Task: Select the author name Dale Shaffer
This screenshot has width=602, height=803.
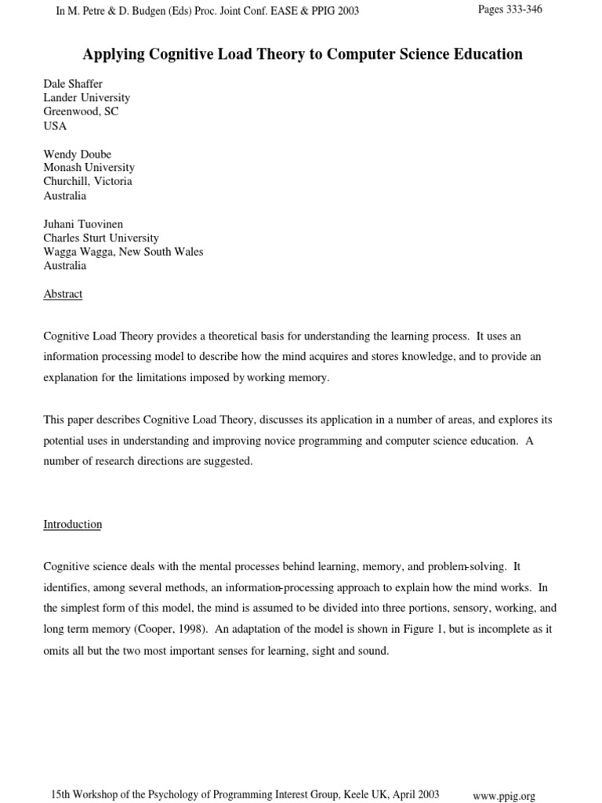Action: (x=73, y=84)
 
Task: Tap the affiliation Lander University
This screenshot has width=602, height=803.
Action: (x=87, y=98)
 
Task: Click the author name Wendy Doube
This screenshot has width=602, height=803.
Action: (x=78, y=154)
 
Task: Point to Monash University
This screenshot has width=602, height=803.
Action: (x=89, y=168)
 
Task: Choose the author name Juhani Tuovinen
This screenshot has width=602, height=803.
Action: (x=83, y=224)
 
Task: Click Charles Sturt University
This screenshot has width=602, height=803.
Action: (x=101, y=238)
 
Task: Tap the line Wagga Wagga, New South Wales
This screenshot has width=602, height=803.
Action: (x=123, y=252)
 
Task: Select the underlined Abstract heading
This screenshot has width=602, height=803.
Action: (x=63, y=294)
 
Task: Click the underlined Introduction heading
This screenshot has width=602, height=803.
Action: (x=72, y=524)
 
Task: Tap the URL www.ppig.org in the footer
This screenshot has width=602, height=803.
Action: (x=504, y=795)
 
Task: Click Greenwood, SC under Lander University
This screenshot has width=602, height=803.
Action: (x=81, y=112)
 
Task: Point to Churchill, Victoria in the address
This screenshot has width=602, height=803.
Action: (x=88, y=181)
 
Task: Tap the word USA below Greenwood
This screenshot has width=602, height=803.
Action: (x=55, y=126)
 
